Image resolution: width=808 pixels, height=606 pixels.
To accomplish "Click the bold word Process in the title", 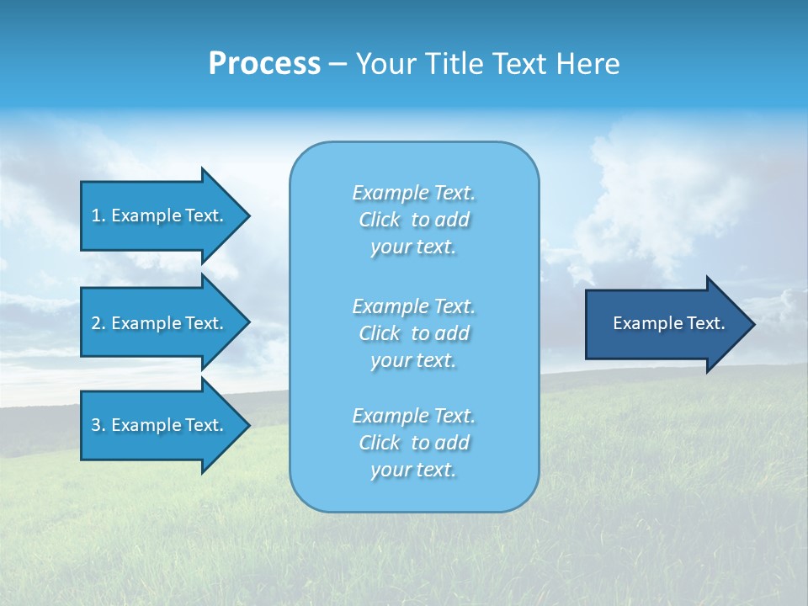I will [264, 64].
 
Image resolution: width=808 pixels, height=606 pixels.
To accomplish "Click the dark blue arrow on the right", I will [665, 323].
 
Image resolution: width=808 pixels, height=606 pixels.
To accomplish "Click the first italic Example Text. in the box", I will [413, 193].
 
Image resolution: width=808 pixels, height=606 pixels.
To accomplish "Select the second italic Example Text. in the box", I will [413, 306].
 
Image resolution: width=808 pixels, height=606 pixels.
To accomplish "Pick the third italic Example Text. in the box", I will [413, 416].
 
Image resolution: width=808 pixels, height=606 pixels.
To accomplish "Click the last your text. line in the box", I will [413, 470].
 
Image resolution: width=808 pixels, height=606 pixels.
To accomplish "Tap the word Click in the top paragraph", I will [380, 220].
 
